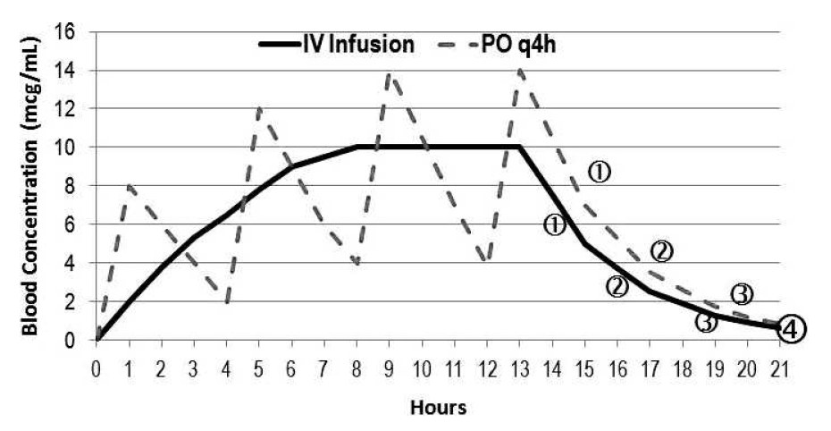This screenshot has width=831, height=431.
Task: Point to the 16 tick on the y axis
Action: click(x=66, y=32)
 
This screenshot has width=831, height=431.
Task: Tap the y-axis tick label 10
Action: click(x=66, y=148)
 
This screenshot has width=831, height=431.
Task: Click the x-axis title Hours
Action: click(x=438, y=408)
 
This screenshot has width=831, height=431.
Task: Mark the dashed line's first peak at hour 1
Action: click(x=130, y=185)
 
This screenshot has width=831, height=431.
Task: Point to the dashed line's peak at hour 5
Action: click(x=259, y=108)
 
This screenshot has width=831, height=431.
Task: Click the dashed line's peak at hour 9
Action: click(x=389, y=72)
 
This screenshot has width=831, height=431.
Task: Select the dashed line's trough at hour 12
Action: click(x=486, y=262)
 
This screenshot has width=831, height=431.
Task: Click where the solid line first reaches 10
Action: click(x=357, y=147)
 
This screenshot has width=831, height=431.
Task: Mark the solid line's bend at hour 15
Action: click(x=584, y=243)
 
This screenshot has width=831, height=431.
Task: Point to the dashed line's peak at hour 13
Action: click(x=519, y=70)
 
